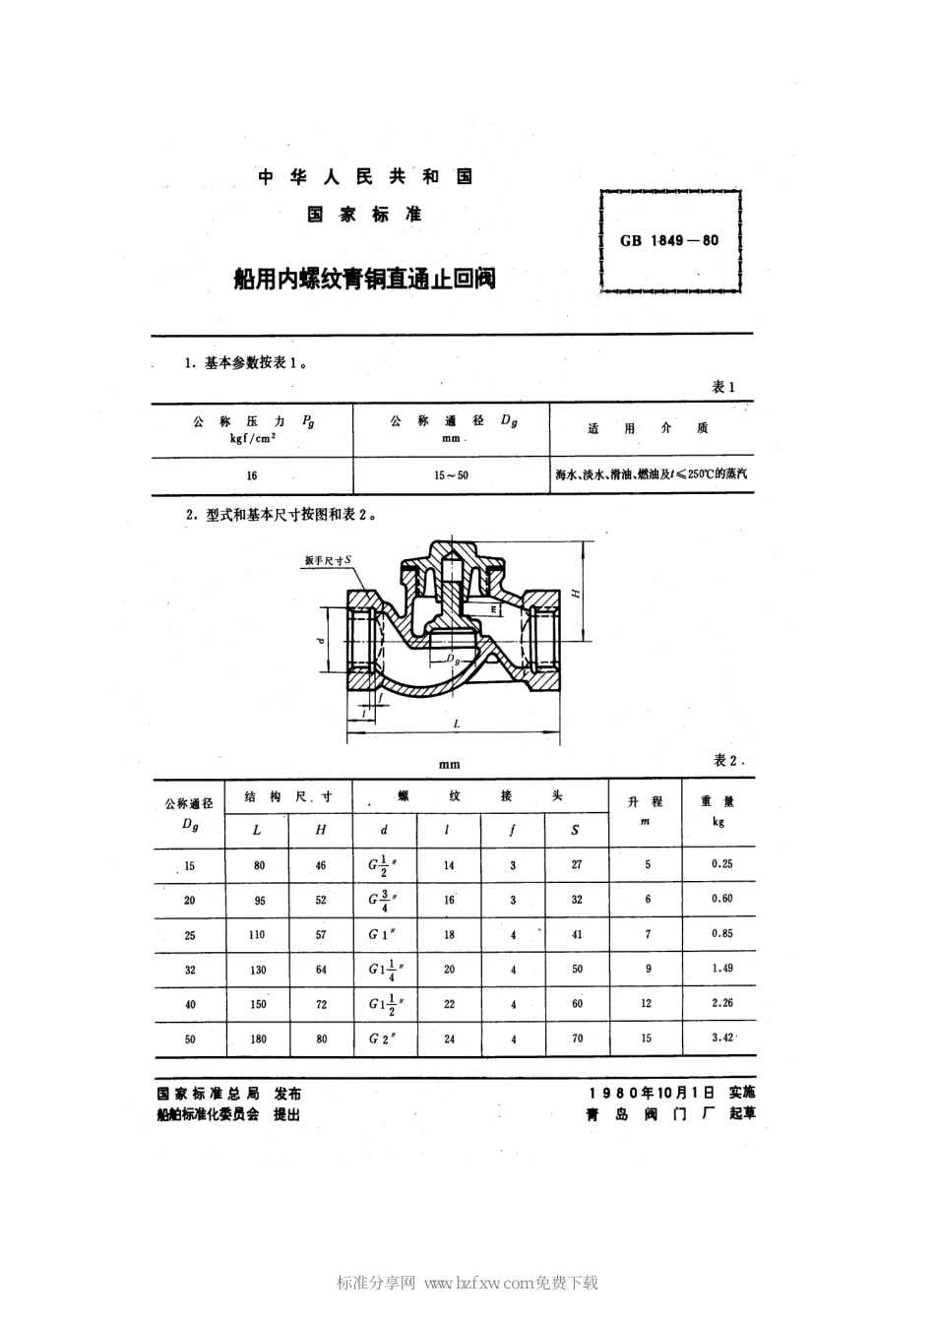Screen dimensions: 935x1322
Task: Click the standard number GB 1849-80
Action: pyautogui.click(x=669, y=240)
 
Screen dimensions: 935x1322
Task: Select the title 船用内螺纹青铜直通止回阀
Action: pyautogui.click(x=364, y=280)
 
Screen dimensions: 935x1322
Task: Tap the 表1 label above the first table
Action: pyautogui.click(x=723, y=387)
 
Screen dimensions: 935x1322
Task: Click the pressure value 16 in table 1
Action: pyautogui.click(x=252, y=475)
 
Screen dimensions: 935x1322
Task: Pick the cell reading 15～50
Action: pyautogui.click(x=451, y=475)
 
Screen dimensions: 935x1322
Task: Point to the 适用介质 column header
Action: pyautogui.click(x=648, y=429)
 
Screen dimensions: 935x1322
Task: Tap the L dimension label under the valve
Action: pyautogui.click(x=457, y=724)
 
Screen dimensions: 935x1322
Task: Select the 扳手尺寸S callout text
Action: pyautogui.click(x=328, y=560)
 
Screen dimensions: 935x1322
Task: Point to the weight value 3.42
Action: pyautogui.click(x=721, y=1038)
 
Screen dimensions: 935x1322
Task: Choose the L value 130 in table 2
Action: pyautogui.click(x=258, y=970)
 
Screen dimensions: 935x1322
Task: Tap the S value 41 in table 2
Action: pyautogui.click(x=577, y=935)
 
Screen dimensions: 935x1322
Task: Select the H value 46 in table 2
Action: pyautogui.click(x=321, y=865)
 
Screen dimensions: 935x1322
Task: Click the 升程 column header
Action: pyautogui.click(x=647, y=801)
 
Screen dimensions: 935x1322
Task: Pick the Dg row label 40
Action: pyautogui.click(x=190, y=1005)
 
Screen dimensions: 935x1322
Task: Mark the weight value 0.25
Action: pyautogui.click(x=721, y=863)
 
